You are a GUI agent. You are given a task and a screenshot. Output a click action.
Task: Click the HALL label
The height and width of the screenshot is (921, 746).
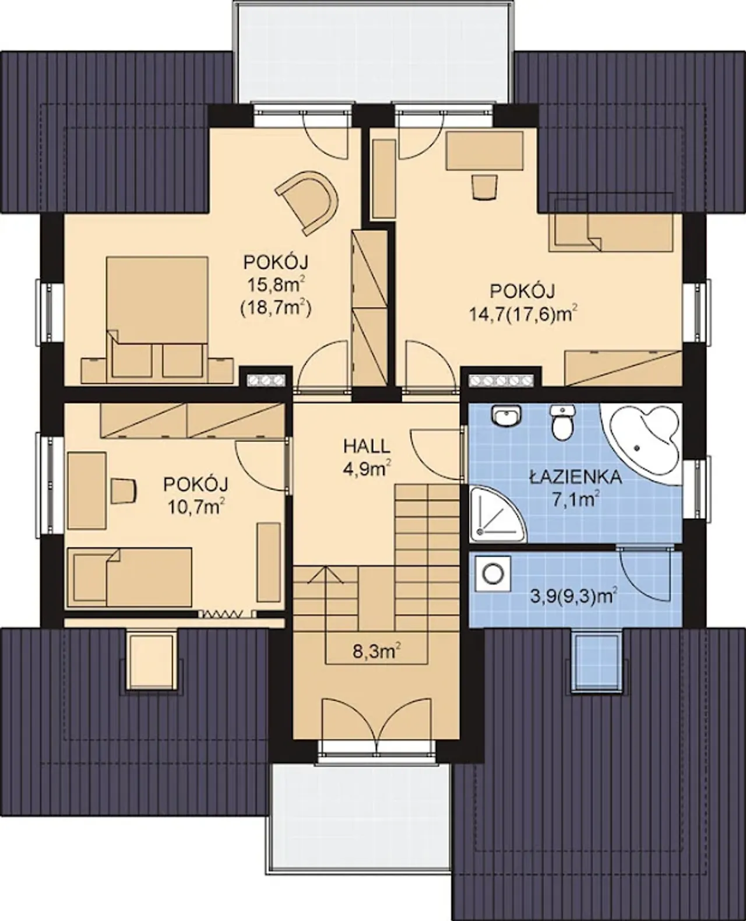click(367, 447)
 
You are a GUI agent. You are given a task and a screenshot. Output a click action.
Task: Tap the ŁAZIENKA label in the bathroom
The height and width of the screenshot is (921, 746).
click(576, 477)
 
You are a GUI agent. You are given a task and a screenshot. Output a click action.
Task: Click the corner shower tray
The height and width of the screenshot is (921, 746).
click(497, 514)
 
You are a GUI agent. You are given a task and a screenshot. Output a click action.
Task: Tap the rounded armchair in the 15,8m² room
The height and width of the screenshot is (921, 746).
click(309, 202)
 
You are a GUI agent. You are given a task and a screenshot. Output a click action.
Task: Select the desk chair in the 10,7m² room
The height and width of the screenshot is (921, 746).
click(124, 491)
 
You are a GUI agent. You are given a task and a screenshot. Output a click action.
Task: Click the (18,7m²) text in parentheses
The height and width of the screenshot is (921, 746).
click(276, 308)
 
